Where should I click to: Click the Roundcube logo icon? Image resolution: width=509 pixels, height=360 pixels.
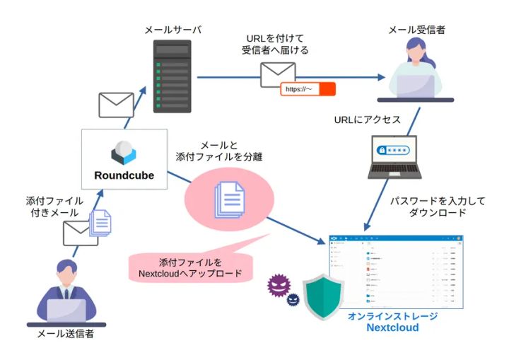coord(124,152)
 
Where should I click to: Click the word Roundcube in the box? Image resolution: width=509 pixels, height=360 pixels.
coord(124,175)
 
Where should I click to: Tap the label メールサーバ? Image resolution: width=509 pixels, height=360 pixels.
coord(172,30)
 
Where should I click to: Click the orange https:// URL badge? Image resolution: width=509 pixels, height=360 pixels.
coord(308,89)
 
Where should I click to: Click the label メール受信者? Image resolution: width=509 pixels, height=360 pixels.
coord(417,30)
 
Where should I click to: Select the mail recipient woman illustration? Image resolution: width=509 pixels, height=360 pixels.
coord(416,71)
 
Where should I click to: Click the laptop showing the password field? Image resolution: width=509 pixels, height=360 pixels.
coord(394,157)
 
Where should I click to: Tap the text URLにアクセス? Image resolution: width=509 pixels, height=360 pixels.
coord(367,120)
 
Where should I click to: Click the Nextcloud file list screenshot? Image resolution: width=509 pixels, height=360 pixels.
coord(397,271)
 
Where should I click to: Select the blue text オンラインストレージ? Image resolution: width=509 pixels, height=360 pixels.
coord(392,316)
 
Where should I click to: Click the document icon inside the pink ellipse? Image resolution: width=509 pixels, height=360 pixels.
coord(228,199)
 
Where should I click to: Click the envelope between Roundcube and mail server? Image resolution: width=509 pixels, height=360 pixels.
coord(116,105)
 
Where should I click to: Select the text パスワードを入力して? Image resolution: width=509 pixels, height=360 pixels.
coord(438,201)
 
